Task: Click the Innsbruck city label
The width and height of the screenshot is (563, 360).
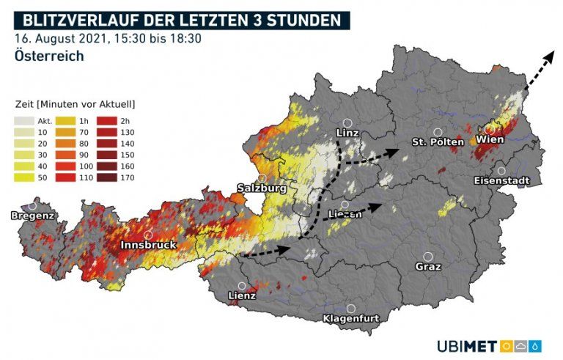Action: coord(149,245)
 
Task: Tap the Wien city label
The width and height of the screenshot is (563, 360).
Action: coord(489,139)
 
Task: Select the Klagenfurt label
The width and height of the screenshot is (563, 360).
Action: coord(351,319)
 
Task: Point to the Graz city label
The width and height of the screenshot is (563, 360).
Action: coord(428,267)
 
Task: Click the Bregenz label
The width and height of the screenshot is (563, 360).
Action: coord(32,216)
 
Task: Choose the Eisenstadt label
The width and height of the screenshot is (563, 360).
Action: coord(501,180)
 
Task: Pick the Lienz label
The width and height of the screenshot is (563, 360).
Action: coord(241,296)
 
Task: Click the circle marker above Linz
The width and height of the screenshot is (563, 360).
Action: coord(348,123)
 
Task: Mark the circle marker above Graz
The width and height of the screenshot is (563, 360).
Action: coord(428,257)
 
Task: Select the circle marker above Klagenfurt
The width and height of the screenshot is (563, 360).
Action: coord(351,309)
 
